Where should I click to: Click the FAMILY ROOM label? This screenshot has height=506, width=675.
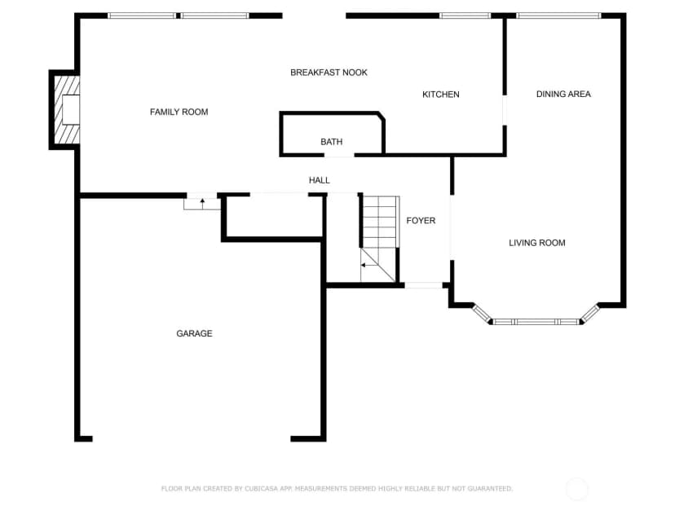pyautogui.click(x=179, y=112)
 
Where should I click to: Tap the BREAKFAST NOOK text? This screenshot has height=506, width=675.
pyautogui.click(x=329, y=73)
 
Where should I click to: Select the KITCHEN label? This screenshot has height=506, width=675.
pyautogui.click(x=441, y=95)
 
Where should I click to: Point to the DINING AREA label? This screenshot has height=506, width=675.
pyautogui.click(x=563, y=94)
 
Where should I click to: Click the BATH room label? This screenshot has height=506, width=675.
pyautogui.click(x=332, y=142)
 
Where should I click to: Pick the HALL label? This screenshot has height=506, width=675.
pyautogui.click(x=320, y=180)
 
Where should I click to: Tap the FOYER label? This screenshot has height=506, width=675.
pyautogui.click(x=421, y=220)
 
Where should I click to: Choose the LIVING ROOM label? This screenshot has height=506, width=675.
pyautogui.click(x=537, y=243)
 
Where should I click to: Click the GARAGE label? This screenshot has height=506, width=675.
pyautogui.click(x=194, y=333)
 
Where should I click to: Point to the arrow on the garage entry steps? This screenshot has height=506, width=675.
pyautogui.click(x=202, y=204)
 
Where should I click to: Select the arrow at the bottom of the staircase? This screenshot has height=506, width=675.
pyautogui.click(x=369, y=265)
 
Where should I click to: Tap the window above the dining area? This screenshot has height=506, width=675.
pyautogui.click(x=558, y=16)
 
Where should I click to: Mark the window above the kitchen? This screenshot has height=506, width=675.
pyautogui.click(x=465, y=16)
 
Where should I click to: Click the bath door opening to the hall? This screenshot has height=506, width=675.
pyautogui.click(x=339, y=155)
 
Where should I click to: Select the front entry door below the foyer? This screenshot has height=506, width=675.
pyautogui.click(x=424, y=285)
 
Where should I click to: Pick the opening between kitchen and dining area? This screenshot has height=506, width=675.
pyautogui.click(x=505, y=110)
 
